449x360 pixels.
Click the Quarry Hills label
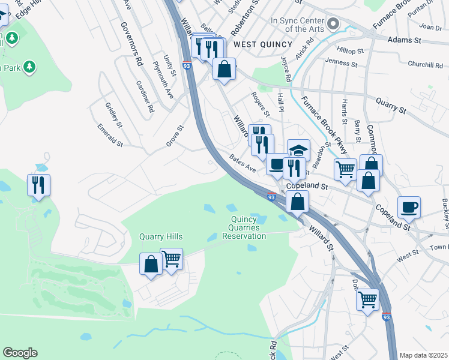[x=161, y=237]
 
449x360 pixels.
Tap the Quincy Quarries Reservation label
[x=244, y=227]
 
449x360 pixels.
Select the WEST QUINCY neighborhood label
[x=262, y=44]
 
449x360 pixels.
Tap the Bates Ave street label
[x=243, y=163]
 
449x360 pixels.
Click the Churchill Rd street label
[x=425, y=65]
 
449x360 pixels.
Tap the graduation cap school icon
[x=298, y=149]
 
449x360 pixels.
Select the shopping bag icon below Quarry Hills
[x=151, y=264]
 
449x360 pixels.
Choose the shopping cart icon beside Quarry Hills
[x=172, y=259]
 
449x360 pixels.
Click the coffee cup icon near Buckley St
[x=409, y=207]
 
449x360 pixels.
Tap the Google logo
[x=20, y=353]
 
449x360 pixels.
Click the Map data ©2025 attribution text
[x=423, y=355]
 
